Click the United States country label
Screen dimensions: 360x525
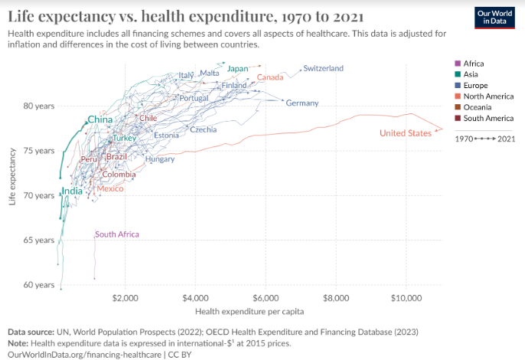point(406,133)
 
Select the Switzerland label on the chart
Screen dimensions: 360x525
point(323,68)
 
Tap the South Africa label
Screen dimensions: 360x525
point(117,234)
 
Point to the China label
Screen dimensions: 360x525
point(99,119)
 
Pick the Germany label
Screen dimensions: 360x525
point(302,103)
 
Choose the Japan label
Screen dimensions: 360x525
point(238,69)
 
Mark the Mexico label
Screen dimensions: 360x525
point(109,188)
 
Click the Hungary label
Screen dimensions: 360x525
point(160,159)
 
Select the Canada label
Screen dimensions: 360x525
point(270,77)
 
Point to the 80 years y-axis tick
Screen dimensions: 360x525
point(39,105)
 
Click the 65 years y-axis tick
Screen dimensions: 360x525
point(39,240)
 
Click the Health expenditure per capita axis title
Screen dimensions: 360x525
point(249,312)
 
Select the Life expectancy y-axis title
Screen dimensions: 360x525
point(12,176)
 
